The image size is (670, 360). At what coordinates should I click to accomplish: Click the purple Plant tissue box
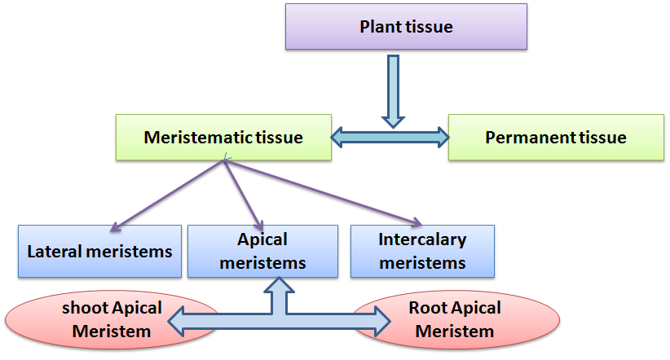406,27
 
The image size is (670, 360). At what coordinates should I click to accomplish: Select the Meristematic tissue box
223,137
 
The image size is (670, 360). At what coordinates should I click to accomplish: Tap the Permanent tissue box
555,137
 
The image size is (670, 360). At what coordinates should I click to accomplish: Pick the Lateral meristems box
99,251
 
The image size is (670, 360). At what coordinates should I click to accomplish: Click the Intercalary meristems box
422,251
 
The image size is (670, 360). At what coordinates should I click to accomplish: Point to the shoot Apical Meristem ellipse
112,319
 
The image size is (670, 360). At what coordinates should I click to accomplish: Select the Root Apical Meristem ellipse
454,319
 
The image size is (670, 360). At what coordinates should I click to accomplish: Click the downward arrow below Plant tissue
393,90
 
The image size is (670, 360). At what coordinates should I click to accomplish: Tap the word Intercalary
422,240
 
